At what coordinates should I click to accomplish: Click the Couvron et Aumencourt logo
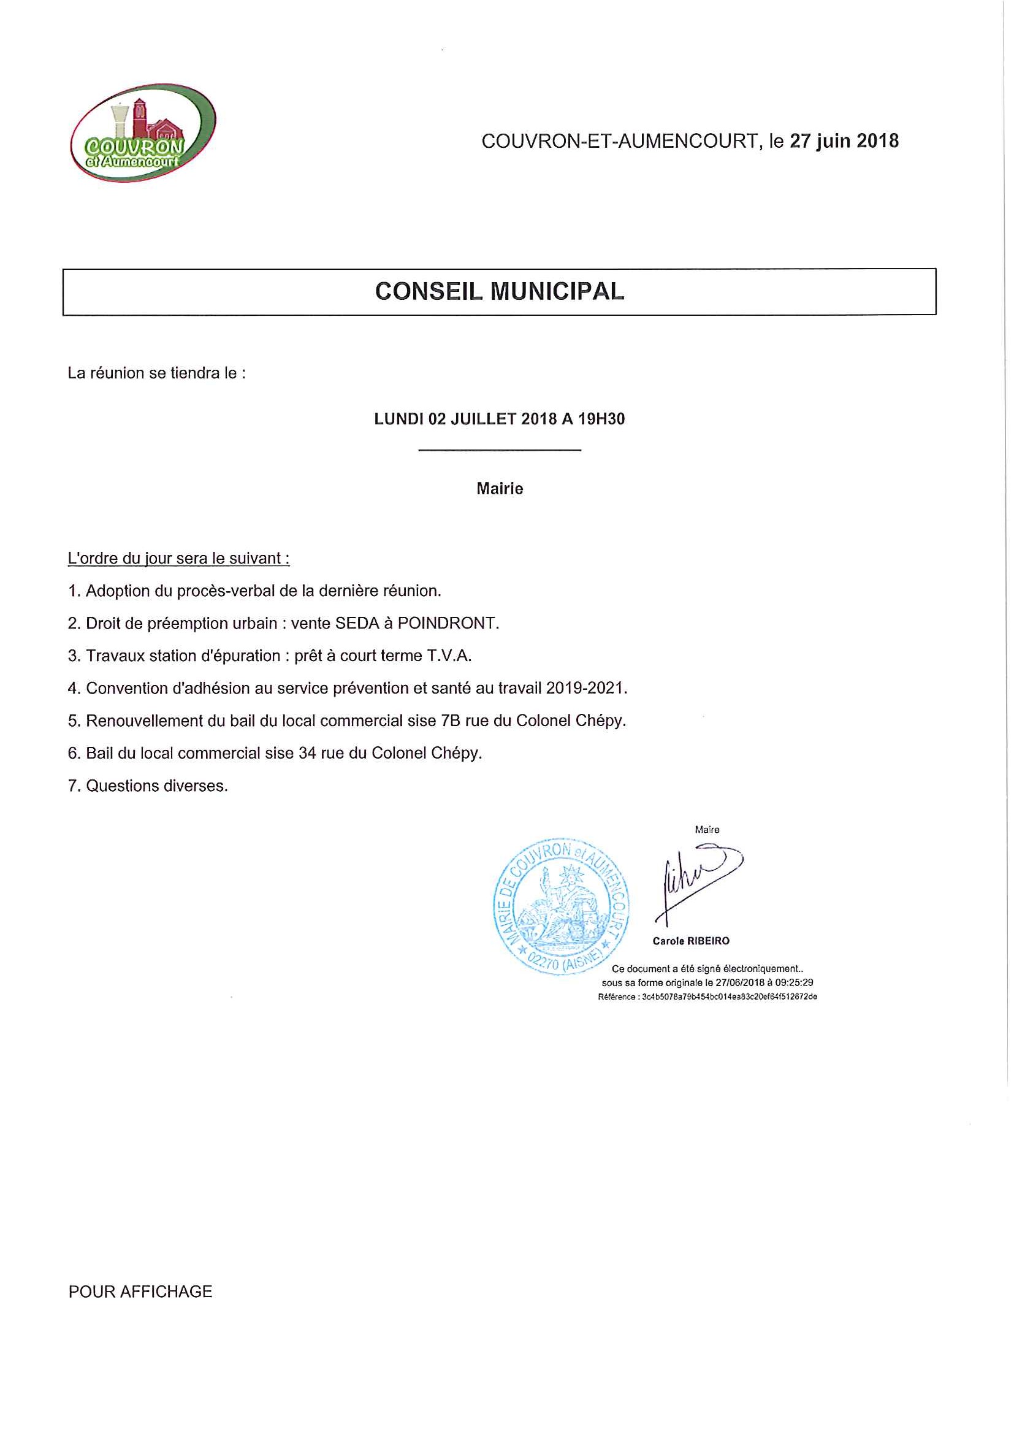tap(143, 133)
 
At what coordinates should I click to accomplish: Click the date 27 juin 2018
tap(844, 141)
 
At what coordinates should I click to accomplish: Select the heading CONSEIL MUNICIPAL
tap(499, 292)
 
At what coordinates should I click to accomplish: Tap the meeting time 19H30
tap(601, 419)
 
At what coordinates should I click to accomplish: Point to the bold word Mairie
tap(499, 489)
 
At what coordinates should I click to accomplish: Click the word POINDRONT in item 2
tap(448, 624)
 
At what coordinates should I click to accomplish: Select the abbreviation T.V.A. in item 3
tap(449, 656)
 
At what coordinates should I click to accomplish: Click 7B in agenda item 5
tap(451, 721)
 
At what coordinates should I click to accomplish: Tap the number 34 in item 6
tap(307, 754)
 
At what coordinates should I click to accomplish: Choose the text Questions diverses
tap(157, 786)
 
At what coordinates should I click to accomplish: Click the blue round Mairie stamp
tap(561, 906)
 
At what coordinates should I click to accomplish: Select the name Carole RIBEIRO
tap(691, 941)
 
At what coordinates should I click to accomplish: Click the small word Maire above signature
tap(707, 830)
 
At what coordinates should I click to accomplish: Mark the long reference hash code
tap(729, 997)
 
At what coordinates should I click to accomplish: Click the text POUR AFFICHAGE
tap(140, 1292)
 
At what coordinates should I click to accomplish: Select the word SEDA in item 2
tap(357, 624)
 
